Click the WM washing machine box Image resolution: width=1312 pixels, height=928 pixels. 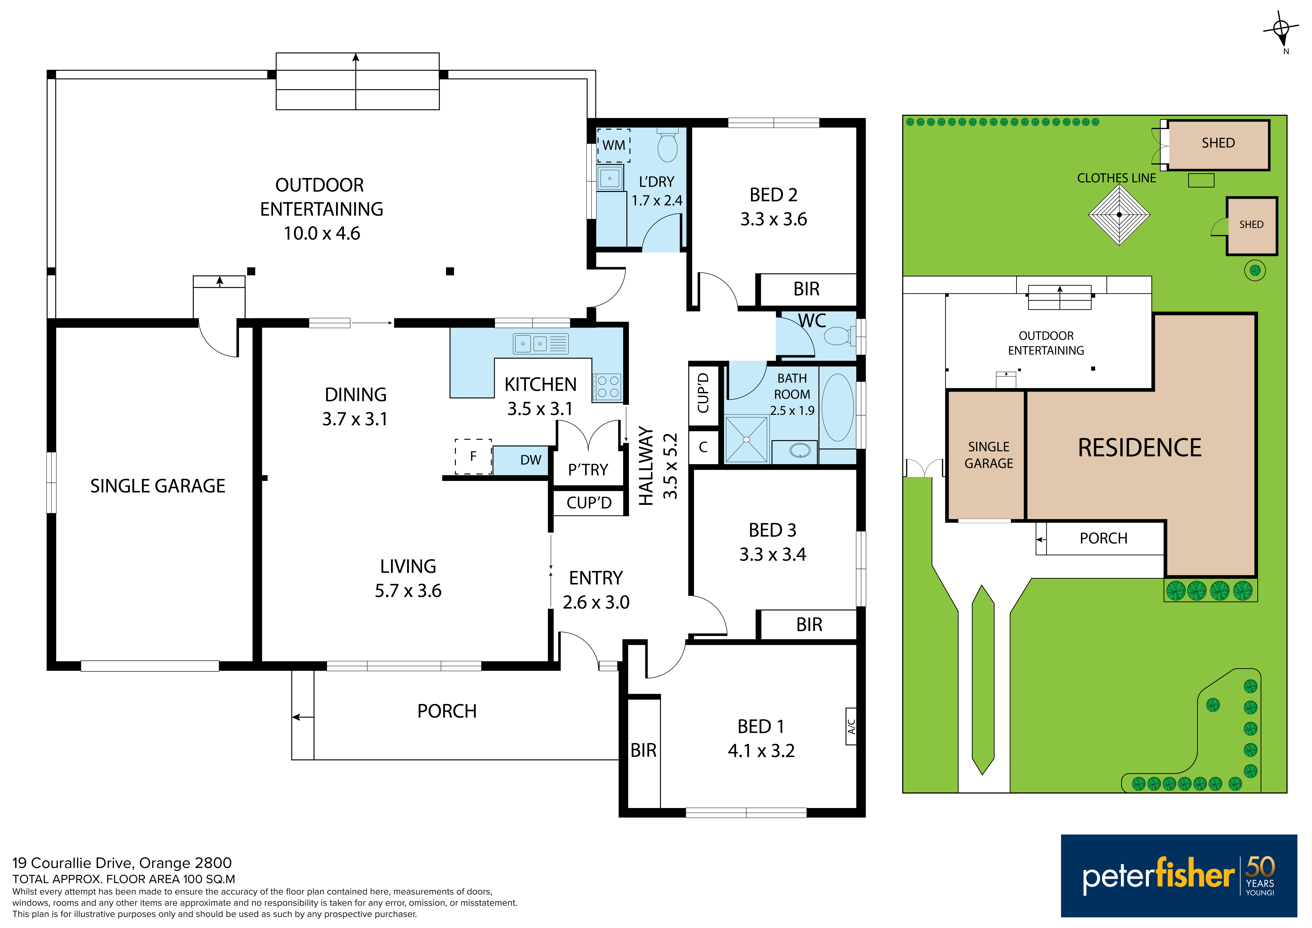614,145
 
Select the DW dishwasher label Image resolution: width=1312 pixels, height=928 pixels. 531,460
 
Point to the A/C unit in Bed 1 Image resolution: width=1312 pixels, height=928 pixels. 851,726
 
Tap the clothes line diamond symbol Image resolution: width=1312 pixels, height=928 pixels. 1119,215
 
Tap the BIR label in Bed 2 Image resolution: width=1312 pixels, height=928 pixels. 806,289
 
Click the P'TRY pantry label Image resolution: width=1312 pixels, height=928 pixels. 588,470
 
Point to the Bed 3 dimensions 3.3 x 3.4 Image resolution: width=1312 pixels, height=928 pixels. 773,554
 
